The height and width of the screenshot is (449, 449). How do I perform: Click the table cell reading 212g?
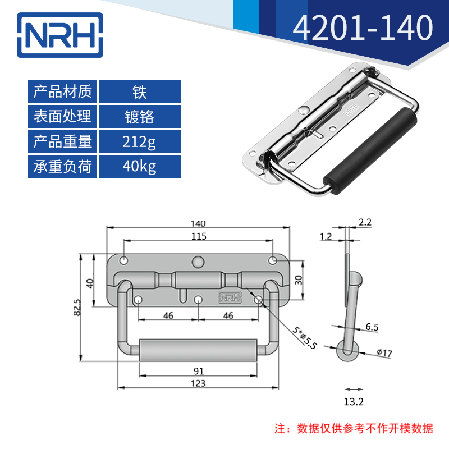140,142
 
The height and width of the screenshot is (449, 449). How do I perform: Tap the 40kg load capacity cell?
140,167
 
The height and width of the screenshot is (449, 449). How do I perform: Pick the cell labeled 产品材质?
63,91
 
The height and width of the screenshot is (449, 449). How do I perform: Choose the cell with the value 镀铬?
140,117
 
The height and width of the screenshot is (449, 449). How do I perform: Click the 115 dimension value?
198,236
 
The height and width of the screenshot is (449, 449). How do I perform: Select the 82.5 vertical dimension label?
77,308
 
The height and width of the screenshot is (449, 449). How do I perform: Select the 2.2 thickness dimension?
365,222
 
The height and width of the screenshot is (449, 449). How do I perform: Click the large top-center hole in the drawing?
198,262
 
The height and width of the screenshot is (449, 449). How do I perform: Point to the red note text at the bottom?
354,429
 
